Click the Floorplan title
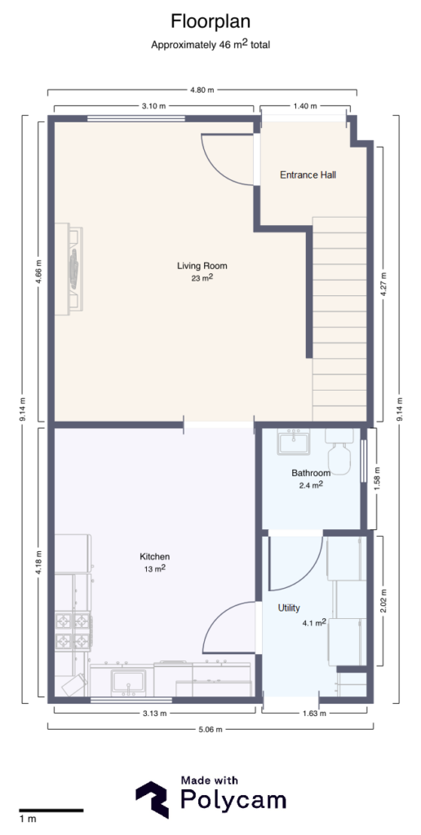coord(210,20)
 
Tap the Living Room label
coord(202,266)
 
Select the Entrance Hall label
coord(308,175)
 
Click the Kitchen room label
coord(154,557)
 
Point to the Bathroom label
coord(311,473)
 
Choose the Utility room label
coord(290,608)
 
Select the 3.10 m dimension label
coord(154,107)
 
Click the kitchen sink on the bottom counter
coord(129,681)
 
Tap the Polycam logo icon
coord(152,799)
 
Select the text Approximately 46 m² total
coord(210,46)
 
